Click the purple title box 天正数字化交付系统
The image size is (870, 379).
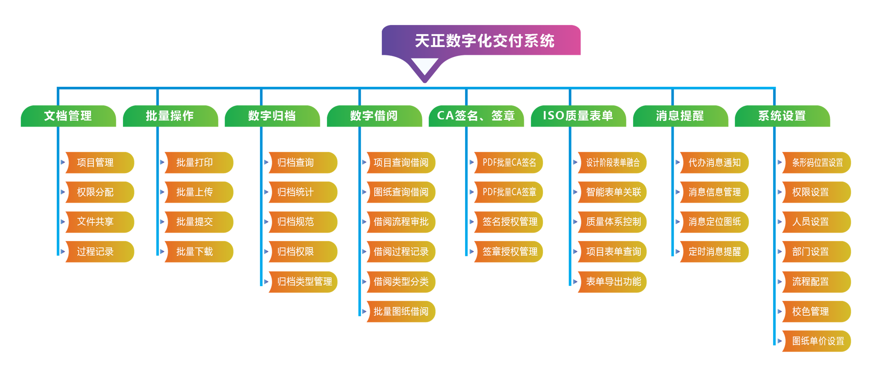481,40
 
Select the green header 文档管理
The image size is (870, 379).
68,116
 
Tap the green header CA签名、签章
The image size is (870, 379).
476,116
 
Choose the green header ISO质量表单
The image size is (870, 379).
578,116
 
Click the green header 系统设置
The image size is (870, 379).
782,116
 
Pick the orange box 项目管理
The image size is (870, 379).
100,163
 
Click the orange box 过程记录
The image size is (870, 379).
100,252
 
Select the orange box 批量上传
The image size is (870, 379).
199,192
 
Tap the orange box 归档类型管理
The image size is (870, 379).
303,282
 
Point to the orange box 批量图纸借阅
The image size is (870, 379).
401,311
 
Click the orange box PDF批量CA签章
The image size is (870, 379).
508,192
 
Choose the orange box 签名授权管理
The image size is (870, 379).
508,222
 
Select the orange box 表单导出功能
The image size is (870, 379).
612,282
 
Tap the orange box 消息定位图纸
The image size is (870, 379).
714,222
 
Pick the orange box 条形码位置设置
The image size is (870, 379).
816,163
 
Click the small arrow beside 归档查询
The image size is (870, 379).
266,162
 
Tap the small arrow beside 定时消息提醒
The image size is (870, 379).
678,252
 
